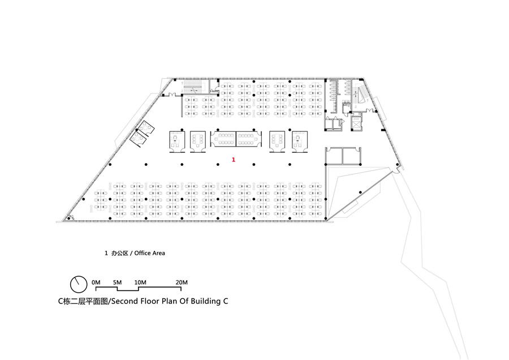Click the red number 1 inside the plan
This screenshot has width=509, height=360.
234,160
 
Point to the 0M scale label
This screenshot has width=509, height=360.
96,282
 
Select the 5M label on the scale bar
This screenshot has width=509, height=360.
117,282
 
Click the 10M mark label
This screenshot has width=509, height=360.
140,282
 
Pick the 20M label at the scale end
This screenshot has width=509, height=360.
182,282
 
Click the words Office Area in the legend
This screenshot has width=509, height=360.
150,253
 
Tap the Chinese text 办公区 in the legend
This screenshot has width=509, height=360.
120,253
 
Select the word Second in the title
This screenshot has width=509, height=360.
124,301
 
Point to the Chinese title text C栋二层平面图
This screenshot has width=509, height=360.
83,301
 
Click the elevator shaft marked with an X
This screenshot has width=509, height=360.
356,123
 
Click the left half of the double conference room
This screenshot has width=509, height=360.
223,139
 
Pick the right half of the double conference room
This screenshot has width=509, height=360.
249,139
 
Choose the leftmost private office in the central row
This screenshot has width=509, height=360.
177,142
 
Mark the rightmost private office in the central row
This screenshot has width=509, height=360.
300,142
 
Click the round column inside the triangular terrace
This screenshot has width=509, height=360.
360,192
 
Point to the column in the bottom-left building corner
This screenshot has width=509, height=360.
68,218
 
